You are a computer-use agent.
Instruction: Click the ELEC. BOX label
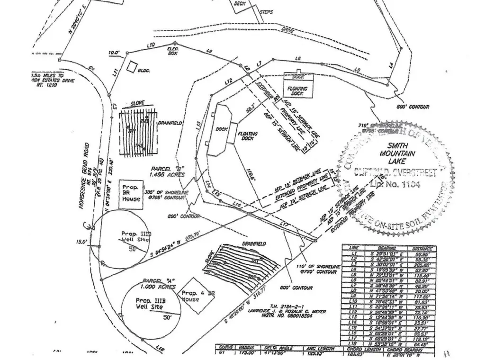172,51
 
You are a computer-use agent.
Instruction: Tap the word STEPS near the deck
267,12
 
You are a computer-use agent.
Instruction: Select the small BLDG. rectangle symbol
134,67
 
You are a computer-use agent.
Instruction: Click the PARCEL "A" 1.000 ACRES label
159,283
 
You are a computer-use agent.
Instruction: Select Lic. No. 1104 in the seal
396,185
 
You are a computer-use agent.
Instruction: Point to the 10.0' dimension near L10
115,53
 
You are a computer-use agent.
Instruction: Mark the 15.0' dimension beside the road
82,242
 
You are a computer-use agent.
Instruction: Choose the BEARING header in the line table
386,248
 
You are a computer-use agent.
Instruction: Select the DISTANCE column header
422,248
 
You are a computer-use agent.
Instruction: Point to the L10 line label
151,45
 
